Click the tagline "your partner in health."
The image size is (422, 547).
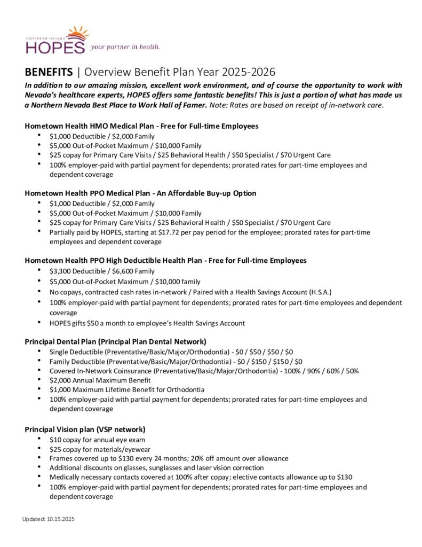tap(125, 47)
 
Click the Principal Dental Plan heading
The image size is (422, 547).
tap(115, 341)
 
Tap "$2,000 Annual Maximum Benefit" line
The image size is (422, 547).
tap(99, 380)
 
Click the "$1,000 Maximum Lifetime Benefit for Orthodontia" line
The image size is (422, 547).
tap(126, 389)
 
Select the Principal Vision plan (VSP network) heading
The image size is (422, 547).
tap(85, 429)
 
